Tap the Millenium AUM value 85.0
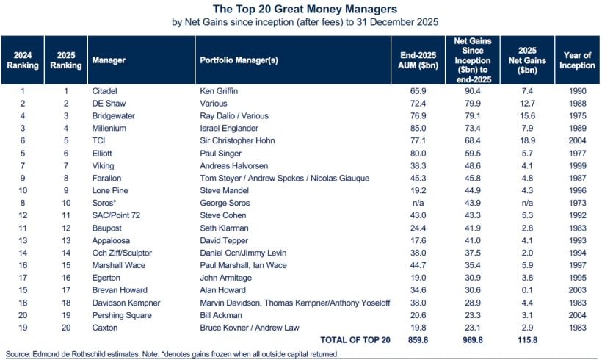pos(417,129)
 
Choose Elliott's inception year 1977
pos(576,154)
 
